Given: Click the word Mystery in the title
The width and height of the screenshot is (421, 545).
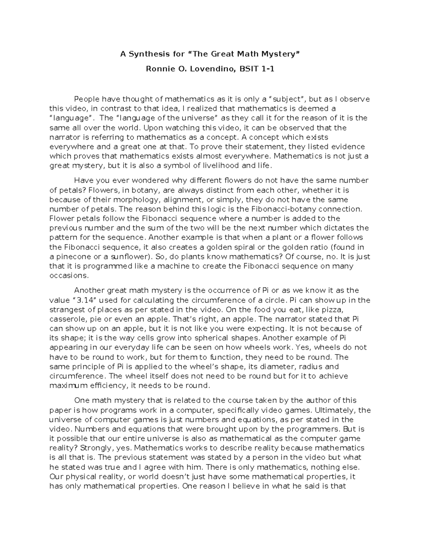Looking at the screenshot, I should click(x=282, y=54).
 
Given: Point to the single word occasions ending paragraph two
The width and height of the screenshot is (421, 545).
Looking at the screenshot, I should click(x=69, y=275).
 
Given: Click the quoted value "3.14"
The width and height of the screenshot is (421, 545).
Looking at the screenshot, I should click(x=83, y=300).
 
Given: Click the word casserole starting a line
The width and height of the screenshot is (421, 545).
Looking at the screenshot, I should click(x=66, y=319).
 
